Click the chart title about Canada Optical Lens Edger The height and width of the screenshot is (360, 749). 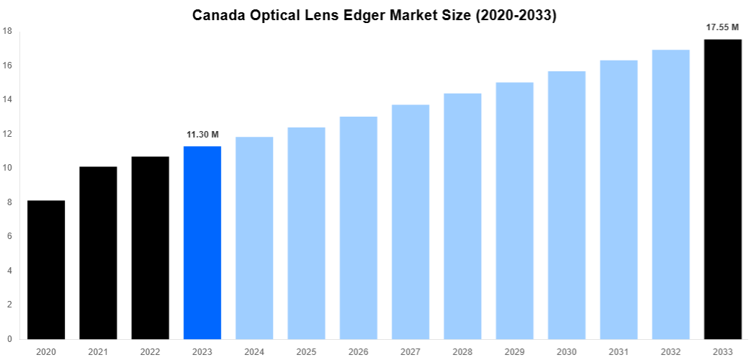[x=374, y=15]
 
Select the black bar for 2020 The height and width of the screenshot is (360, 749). [x=46, y=270]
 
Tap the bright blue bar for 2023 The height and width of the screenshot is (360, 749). [x=202, y=243]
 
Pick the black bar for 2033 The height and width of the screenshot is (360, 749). [x=722, y=189]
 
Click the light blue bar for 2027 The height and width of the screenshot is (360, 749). [x=411, y=222]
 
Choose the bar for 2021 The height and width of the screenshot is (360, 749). [x=98, y=253]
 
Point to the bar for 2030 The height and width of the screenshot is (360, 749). [x=567, y=205]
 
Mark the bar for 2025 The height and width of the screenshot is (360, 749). [x=306, y=233]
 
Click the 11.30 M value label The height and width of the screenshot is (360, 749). [x=202, y=135]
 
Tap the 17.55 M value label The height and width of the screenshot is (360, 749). [x=722, y=27]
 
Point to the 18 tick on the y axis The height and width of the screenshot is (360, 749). [x=6, y=31]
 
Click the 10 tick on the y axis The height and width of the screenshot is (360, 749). [x=6, y=168]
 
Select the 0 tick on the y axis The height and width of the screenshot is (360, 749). [x=9, y=338]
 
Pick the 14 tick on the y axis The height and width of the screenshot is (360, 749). [x=6, y=99]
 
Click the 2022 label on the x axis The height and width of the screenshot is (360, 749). [x=150, y=351]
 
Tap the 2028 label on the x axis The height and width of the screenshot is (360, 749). [x=462, y=351]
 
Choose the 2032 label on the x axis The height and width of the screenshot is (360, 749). [x=670, y=351]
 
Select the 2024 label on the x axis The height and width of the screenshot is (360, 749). [x=254, y=351]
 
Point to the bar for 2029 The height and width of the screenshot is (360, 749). [x=514, y=211]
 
